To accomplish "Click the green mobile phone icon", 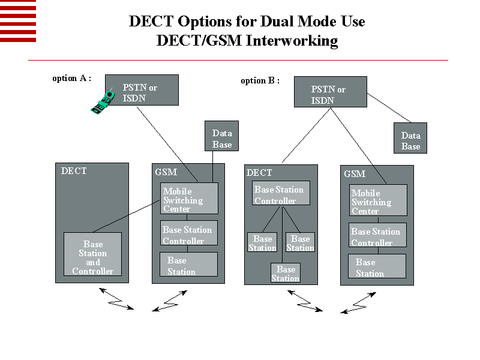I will (103, 101).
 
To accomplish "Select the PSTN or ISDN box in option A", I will (142, 90).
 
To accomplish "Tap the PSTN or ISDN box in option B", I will (330, 92).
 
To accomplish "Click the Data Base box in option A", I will (222, 138).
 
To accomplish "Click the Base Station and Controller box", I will (92, 254).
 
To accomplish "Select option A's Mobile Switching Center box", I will (190, 199).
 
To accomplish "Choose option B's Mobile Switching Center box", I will (378, 200).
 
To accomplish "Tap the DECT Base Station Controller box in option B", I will (280, 194).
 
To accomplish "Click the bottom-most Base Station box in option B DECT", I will (286, 273).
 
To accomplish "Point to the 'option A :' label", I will (72, 78).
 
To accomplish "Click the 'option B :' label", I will (260, 80).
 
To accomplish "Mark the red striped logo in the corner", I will (18, 21).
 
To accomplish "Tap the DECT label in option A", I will (74, 171).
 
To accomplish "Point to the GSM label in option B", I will (355, 174).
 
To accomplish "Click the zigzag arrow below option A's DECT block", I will (116, 298).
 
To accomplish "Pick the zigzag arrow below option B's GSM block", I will (359, 302).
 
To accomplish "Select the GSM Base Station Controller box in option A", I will (188, 234).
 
